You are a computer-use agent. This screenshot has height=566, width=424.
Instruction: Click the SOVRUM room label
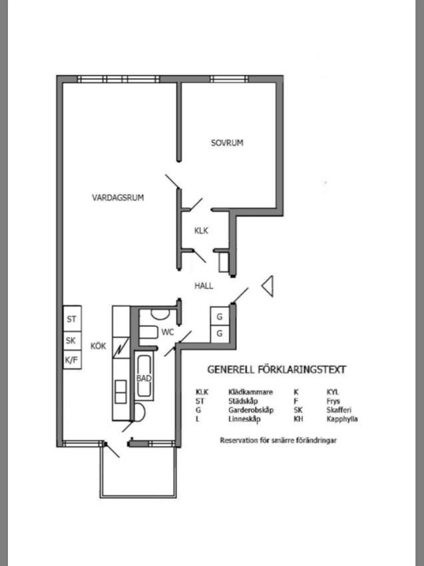pos(227,142)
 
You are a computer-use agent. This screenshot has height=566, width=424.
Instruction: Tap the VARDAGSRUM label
pos(118,198)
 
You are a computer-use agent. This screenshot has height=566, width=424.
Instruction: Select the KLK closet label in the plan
pos(201,230)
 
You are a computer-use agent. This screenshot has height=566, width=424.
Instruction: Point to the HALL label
pos(204,286)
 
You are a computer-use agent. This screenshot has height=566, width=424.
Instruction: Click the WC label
pos(168,332)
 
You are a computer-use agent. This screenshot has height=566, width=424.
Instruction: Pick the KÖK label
pos(98,346)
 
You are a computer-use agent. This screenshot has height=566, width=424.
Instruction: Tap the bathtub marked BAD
pos(144,376)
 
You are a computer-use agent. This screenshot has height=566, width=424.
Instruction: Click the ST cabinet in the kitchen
pos(72,319)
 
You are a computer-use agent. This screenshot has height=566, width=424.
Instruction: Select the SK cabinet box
pos(72,341)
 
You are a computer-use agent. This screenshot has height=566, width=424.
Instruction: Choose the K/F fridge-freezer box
pos(72,360)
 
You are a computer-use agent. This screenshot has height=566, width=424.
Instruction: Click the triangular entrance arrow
pos(268,286)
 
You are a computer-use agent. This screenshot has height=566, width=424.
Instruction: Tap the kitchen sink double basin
pos(120,392)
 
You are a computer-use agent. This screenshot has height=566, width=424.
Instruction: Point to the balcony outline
pos(101,473)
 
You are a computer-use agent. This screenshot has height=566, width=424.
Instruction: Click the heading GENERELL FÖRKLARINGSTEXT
pos(276,370)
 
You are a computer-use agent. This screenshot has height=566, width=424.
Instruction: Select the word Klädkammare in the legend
pos(250,392)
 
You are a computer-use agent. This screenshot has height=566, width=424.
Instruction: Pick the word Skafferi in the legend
pos(339,410)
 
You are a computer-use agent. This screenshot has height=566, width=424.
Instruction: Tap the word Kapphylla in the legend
pos(342,419)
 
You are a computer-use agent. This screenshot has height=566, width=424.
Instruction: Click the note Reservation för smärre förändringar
pos(278,440)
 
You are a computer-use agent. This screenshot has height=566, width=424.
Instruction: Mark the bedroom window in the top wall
pos(229,79)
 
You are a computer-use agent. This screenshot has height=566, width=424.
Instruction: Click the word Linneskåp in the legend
pos(244,419)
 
